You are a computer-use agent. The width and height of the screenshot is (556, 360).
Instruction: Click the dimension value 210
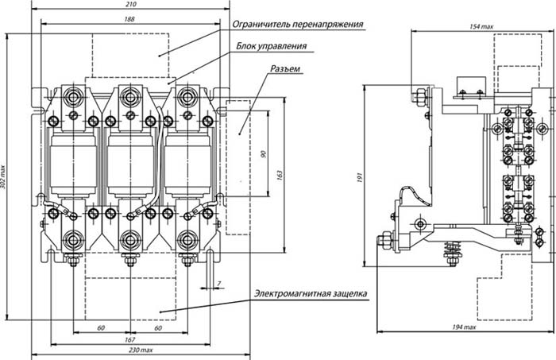pyautogui.click(x=130, y=4)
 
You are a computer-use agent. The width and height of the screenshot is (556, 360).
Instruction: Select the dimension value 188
pyautogui.click(x=129, y=19)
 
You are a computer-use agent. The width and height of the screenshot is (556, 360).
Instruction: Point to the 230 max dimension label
pyautogui.click(x=141, y=350)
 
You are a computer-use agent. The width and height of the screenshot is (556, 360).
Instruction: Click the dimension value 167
pyautogui.click(x=130, y=340)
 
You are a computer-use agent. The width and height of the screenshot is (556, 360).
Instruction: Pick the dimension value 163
pyautogui.click(x=280, y=176)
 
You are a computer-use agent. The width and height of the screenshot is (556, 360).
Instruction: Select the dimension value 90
pyautogui.click(x=263, y=154)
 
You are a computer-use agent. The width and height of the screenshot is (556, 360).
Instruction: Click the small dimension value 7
pyautogui.click(x=218, y=284)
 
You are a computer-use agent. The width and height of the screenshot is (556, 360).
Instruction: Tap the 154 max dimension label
pyautogui.click(x=481, y=26)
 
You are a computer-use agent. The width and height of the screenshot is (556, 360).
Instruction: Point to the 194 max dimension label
pyautogui.click(x=464, y=327)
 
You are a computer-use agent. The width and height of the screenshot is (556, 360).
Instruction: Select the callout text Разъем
pyautogui.click(x=285, y=68)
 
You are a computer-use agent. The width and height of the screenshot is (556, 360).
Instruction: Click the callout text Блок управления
pyautogui.click(x=272, y=46)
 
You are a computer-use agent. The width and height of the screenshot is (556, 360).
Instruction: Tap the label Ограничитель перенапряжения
pyautogui.click(x=298, y=24)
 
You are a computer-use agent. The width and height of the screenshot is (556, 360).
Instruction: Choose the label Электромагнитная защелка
pyautogui.click(x=311, y=294)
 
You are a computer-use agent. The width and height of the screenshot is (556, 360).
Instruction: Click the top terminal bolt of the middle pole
pyautogui.click(x=130, y=96)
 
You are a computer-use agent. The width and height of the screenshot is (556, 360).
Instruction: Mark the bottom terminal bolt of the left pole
pyautogui.click(x=73, y=240)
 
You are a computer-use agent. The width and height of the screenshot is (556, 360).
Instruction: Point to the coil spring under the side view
pyautogui.click(x=451, y=250)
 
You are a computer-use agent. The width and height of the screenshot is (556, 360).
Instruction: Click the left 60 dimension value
pyautogui.click(x=101, y=328)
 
